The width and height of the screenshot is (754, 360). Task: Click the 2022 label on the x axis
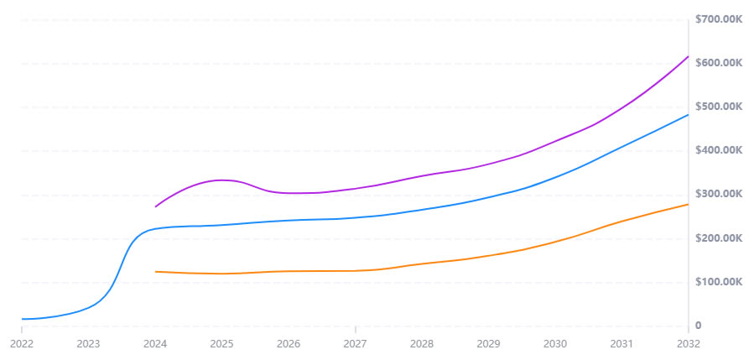point(21,344)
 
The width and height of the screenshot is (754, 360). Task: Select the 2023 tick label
point(88,344)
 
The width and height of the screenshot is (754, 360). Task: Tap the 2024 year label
point(154,344)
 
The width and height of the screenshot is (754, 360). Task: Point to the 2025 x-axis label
point(221,344)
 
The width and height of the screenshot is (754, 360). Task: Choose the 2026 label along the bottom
point(289,344)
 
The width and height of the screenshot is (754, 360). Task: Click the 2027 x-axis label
point(355,344)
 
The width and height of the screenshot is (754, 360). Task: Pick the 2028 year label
point(422,344)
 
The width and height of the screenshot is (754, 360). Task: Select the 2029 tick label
point(488,344)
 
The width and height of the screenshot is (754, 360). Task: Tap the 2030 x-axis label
point(554,344)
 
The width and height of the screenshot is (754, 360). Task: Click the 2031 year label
point(621,344)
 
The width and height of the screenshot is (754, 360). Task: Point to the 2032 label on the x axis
point(688,344)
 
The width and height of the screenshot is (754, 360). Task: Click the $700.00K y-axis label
point(720,19)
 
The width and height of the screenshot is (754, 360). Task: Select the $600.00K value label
point(720,63)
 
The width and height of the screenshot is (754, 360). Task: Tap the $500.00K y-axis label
point(720,107)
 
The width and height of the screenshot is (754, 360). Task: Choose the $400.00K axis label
point(720,150)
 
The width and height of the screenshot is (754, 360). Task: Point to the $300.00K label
point(720,194)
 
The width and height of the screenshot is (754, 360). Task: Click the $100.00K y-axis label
point(720,282)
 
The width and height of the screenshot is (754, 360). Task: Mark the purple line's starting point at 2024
point(155,206)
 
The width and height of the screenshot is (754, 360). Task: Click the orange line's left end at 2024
point(155,271)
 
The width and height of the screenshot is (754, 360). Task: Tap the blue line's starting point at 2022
point(22,319)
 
